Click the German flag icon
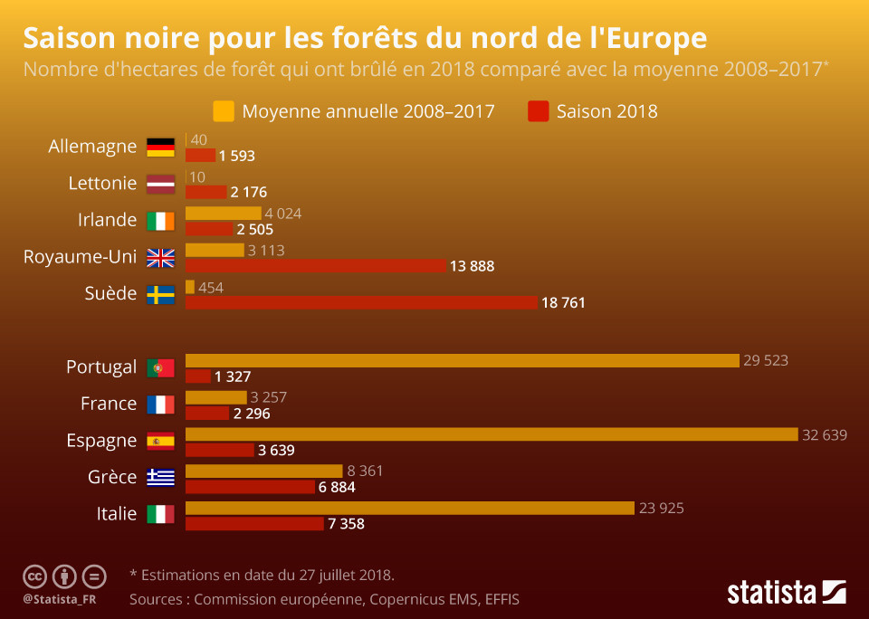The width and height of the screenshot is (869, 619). pos(160,147)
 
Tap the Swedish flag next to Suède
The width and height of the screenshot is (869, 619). pos(160,294)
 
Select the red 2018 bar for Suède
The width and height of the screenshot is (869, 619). pos(361,302)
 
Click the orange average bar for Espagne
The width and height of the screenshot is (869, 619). pos(492,434)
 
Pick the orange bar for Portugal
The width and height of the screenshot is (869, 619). pos(463,360)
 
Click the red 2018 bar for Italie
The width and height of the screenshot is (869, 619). pos(254,523)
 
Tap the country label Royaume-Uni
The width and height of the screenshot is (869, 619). pos(80,257)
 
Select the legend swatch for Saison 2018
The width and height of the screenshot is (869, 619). pos(539,111)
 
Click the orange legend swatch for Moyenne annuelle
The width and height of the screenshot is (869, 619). pos(224,111)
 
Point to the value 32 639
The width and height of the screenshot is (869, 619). pos(824,434)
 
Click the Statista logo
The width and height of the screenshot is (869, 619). pos(786,593)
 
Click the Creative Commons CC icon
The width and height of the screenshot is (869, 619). pos(34,576)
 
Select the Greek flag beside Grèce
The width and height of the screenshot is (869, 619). pos(160,477)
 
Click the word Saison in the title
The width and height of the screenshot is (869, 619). pos(76,39)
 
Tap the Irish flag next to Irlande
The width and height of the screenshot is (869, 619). pos(160,220)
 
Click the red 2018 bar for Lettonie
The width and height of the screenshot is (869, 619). pos(205,192)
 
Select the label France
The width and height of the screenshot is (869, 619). pos(109,404)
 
